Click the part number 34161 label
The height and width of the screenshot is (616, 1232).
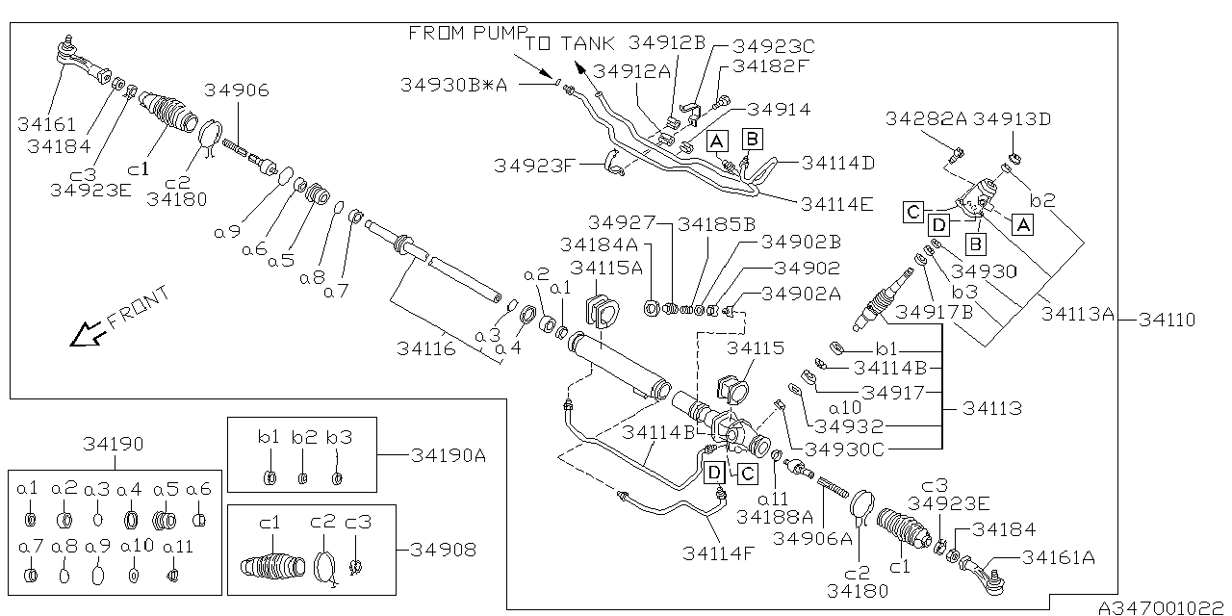pyautogui.click(x=44, y=124)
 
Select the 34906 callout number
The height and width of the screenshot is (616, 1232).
pyautogui.click(x=237, y=91)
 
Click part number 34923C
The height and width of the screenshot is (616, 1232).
pyautogui.click(x=773, y=45)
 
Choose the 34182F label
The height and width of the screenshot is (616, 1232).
pyautogui.click(x=773, y=66)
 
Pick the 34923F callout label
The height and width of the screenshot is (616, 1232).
pyautogui.click(x=534, y=165)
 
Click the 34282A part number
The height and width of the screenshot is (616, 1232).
pyautogui.click(x=926, y=119)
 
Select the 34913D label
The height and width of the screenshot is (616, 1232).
pyautogui.click(x=1012, y=119)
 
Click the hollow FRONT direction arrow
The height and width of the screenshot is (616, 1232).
pyautogui.click(x=89, y=333)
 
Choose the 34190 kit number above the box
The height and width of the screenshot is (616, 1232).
pyautogui.click(x=113, y=444)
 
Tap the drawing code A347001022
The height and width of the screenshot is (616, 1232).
pyautogui.click(x=1165, y=608)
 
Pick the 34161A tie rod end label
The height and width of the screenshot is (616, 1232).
pyautogui.click(x=1058, y=556)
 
